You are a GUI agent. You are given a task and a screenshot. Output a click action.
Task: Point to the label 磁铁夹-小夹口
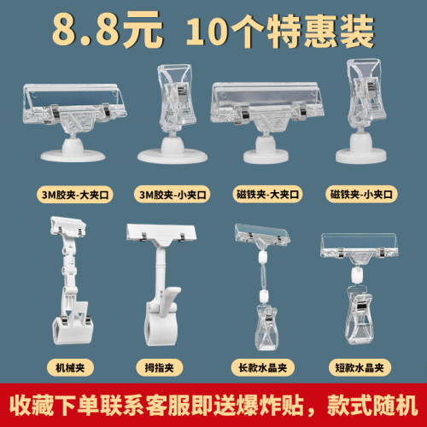[363, 195]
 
